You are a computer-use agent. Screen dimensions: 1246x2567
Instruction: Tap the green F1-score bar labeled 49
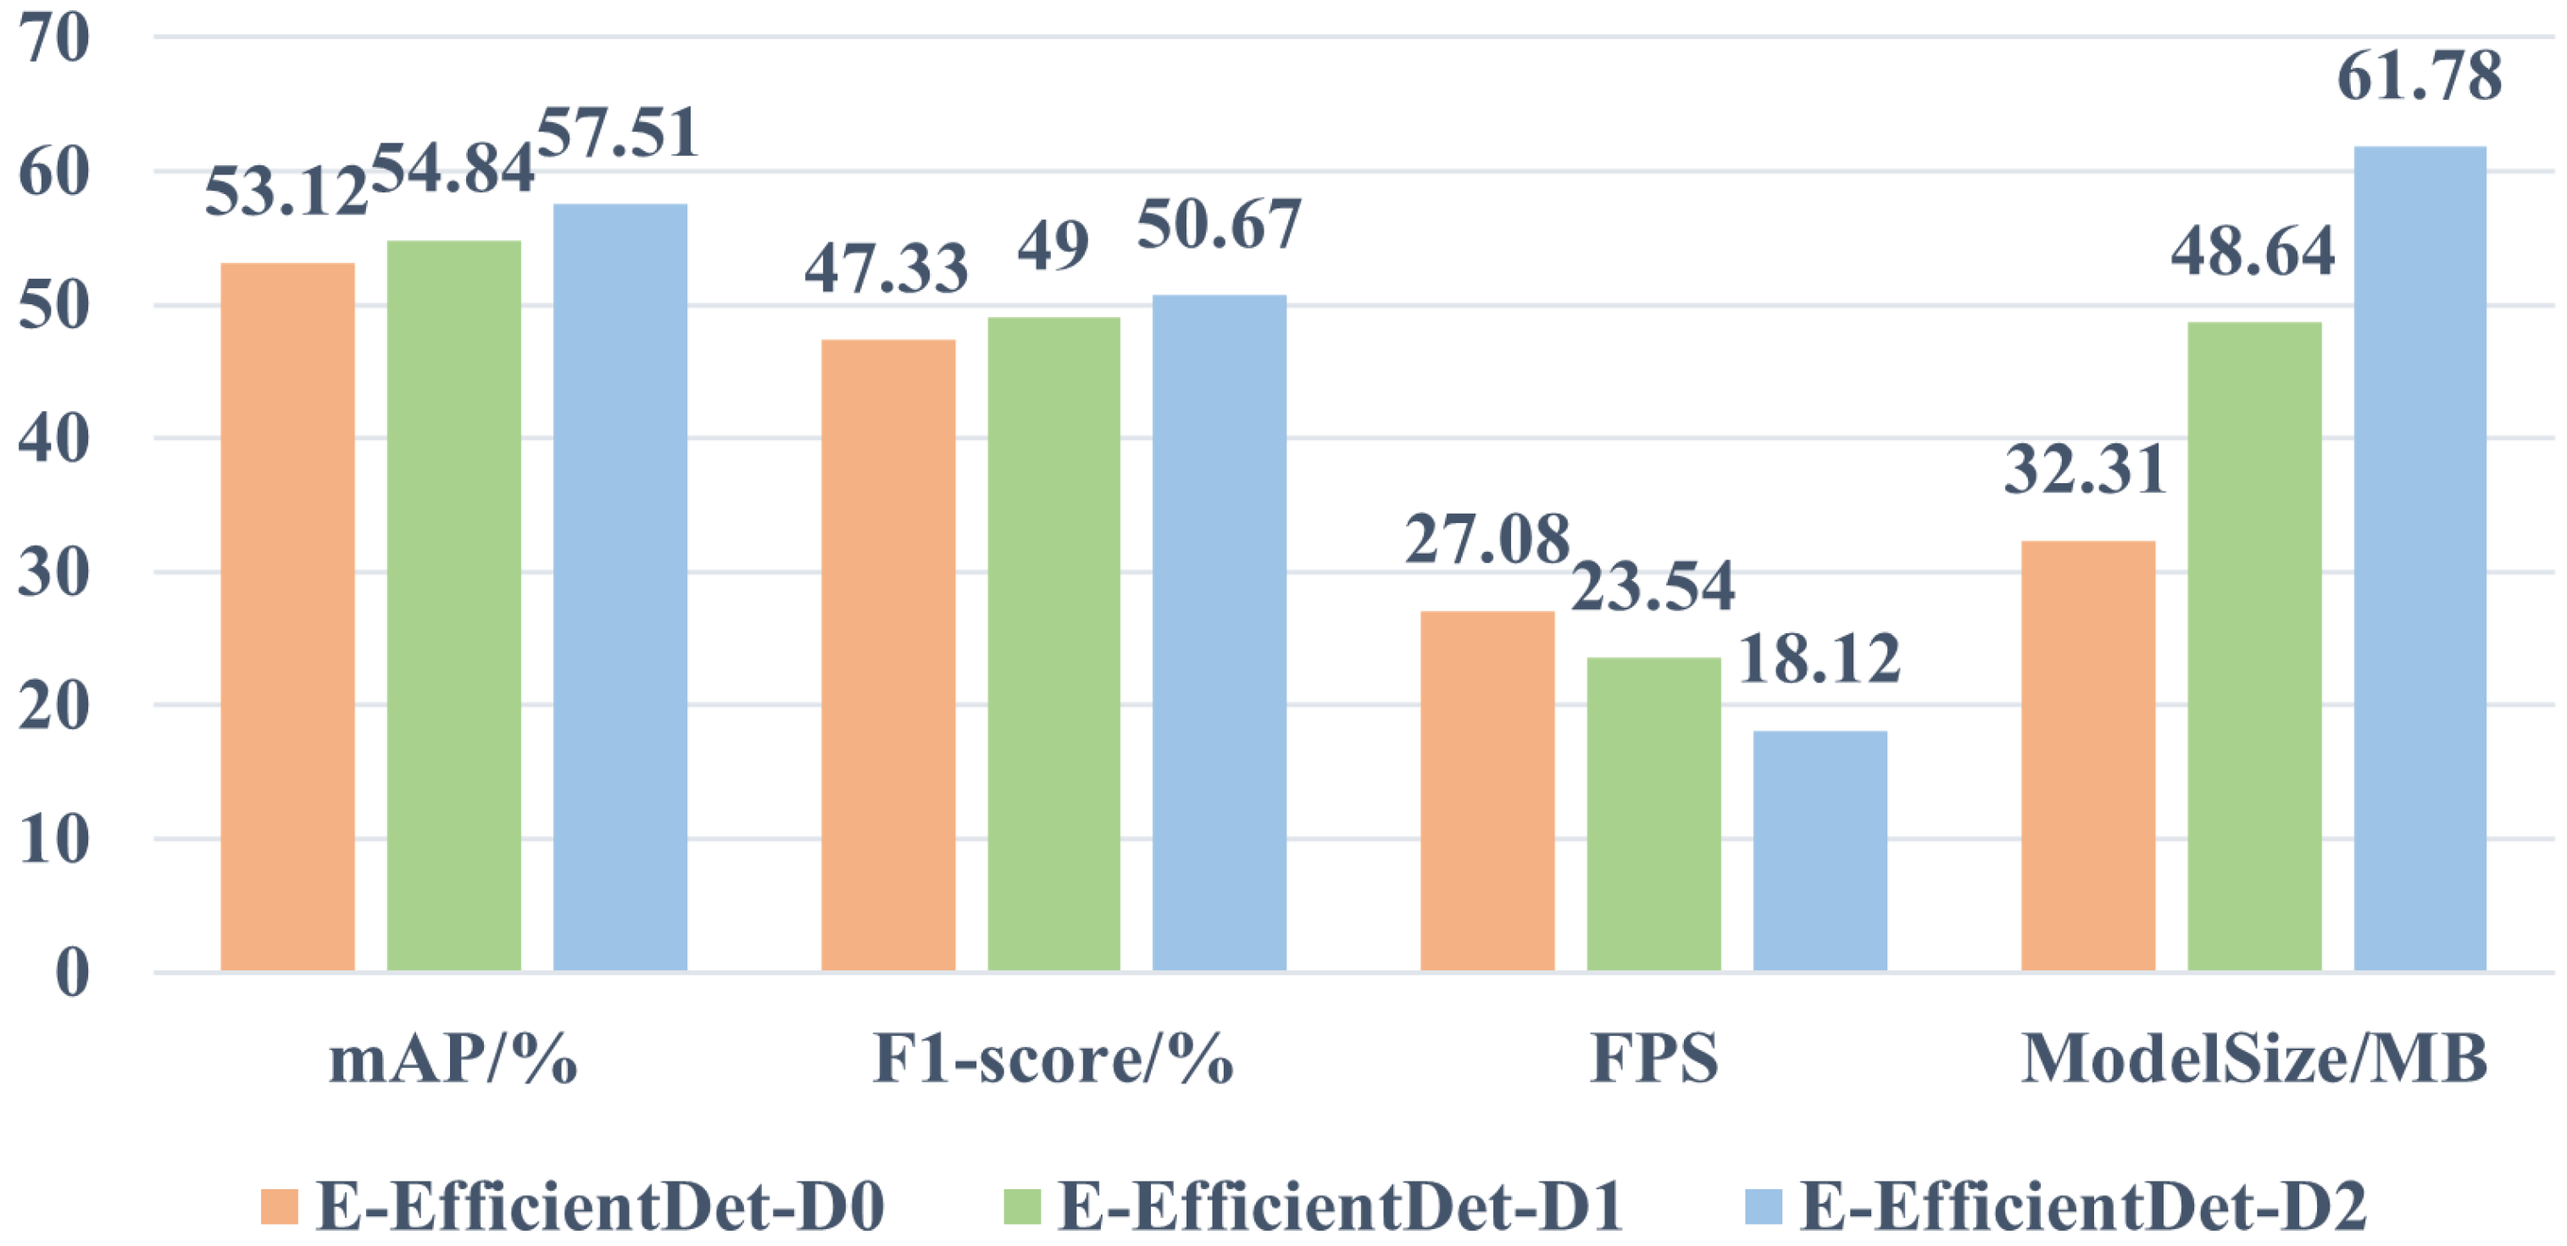tap(1053, 643)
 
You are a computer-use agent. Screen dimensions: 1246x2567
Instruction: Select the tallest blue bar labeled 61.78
tap(2420, 559)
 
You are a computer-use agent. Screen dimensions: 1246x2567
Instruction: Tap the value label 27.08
tap(1486, 539)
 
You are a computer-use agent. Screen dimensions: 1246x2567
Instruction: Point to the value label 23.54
tap(1653, 585)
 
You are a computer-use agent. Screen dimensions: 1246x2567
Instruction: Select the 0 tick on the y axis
tap(72, 972)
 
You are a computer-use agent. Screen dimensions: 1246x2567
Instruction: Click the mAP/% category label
tap(453, 1059)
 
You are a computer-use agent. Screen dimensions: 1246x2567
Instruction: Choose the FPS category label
tap(1654, 1059)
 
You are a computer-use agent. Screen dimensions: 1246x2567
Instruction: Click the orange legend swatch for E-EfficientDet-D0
tap(279, 1206)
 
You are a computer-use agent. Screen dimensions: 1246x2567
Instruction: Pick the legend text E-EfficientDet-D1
tap(1341, 1206)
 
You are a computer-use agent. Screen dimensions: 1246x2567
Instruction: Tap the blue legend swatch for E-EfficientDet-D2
tap(1764, 1206)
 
